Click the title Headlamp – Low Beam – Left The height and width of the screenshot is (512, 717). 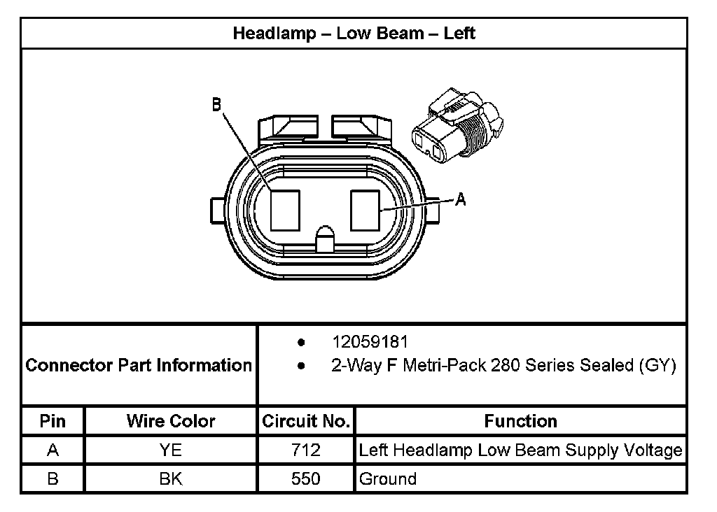click(354, 33)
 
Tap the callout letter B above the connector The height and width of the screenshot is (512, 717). click(216, 104)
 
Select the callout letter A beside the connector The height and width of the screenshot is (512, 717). click(460, 199)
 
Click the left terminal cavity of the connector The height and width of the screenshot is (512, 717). click(285, 211)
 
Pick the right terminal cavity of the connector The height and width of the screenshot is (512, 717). click(364, 211)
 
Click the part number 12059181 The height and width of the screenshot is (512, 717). click(370, 342)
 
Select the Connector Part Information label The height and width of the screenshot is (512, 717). click(139, 365)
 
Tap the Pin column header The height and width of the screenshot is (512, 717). click(53, 421)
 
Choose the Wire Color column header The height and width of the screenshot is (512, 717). click(171, 421)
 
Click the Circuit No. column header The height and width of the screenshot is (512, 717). click(306, 421)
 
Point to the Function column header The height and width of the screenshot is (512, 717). click(520, 421)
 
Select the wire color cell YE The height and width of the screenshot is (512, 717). click(171, 450)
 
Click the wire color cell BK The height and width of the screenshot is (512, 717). click(171, 479)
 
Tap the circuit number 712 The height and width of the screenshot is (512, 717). click(306, 450)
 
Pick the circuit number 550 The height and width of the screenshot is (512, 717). click(306, 479)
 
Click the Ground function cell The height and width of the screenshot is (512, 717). click(387, 479)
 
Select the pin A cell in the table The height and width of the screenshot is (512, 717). click(53, 450)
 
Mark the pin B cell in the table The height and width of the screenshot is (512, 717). click(53, 479)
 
